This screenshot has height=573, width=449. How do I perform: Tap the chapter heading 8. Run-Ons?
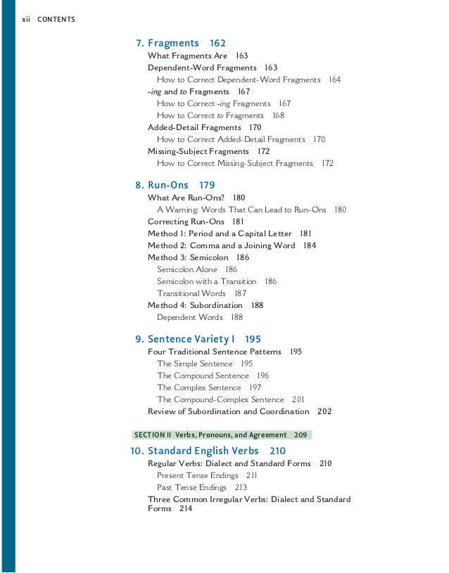[165, 186]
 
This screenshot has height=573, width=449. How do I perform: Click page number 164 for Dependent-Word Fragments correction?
[334, 79]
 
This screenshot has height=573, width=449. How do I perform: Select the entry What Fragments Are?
[187, 56]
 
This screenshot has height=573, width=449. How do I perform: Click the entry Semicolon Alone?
[187, 269]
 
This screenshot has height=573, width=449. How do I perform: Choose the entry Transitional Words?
[191, 293]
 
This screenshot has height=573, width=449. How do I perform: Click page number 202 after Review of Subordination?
[324, 411]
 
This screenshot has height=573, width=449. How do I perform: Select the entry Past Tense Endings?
[191, 487]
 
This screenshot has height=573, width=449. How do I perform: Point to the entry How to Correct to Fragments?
[210, 115]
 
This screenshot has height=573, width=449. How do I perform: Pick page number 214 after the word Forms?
[185, 508]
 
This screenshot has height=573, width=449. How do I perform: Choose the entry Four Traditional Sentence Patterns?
[214, 352]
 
